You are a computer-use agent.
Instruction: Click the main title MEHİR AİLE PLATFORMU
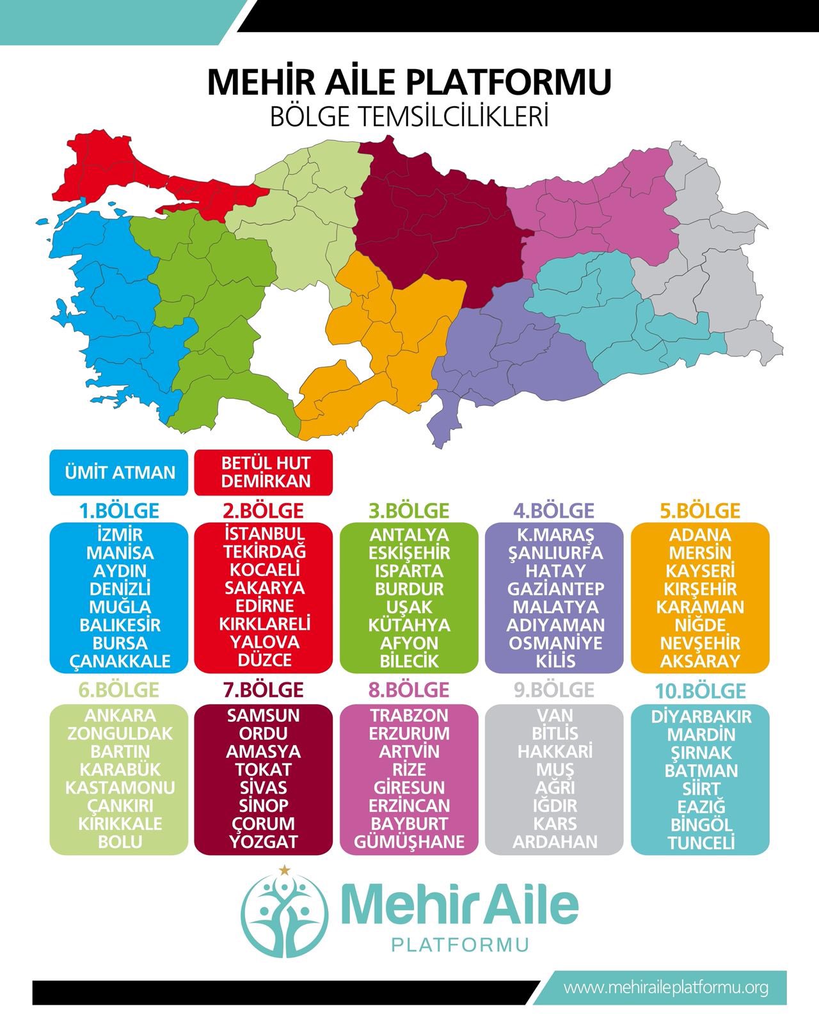[409, 82]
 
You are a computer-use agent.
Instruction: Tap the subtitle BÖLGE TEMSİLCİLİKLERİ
[409, 117]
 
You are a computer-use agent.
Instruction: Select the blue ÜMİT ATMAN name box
[120, 473]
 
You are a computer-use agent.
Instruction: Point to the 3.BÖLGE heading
[409, 511]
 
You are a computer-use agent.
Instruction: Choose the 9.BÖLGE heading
[553, 690]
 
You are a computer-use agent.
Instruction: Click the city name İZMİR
[120, 534]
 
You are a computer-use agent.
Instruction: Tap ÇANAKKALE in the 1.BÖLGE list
[120, 661]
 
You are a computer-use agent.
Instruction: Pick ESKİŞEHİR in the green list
[409, 552]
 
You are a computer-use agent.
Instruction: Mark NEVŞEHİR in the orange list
[700, 643]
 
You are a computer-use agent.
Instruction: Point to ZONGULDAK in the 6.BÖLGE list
[120, 733]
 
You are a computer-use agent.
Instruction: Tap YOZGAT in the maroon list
[264, 842]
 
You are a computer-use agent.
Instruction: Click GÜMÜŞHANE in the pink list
[409, 842]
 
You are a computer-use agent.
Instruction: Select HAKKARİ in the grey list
[555, 751]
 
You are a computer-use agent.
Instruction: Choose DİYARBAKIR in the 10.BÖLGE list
[701, 717]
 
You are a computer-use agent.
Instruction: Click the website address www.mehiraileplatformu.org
[665, 988]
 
